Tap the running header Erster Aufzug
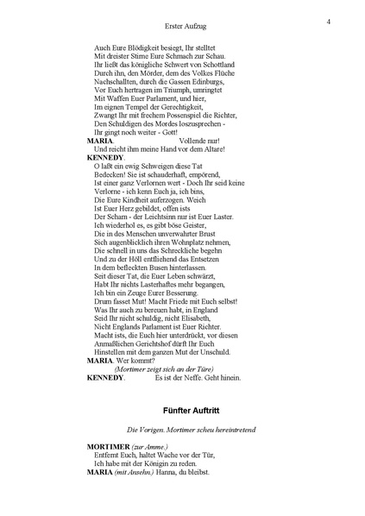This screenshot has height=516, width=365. click(x=182, y=28)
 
